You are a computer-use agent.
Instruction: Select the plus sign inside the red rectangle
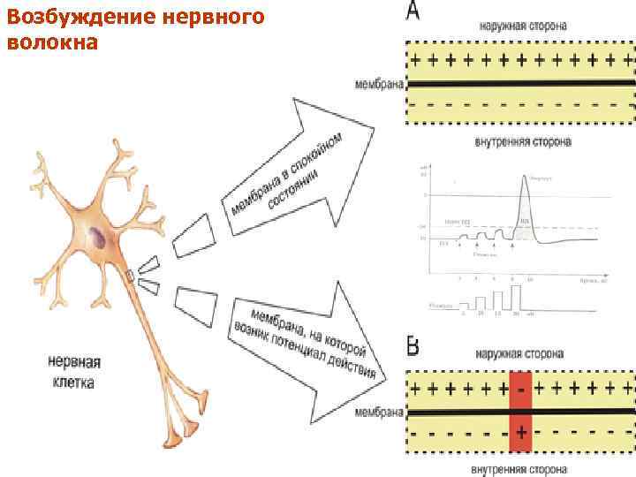[522, 434]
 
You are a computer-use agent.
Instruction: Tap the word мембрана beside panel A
[379, 85]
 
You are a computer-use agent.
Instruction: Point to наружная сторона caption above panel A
[524, 26]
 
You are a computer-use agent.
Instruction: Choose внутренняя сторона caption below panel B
[519, 467]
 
